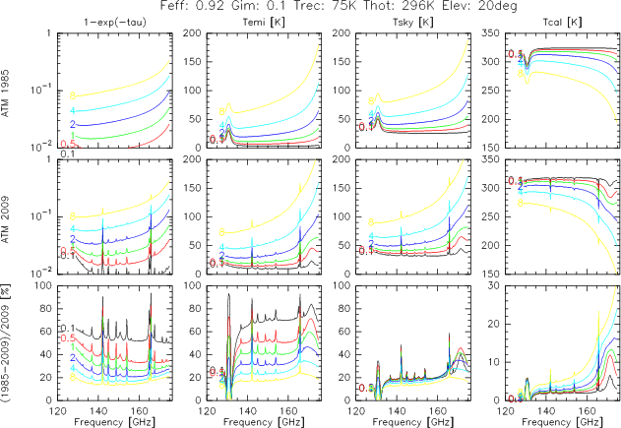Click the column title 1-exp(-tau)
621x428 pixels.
tap(93, 23)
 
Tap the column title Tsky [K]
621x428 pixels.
tap(392, 23)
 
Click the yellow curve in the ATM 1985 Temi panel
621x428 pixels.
tap(285, 82)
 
